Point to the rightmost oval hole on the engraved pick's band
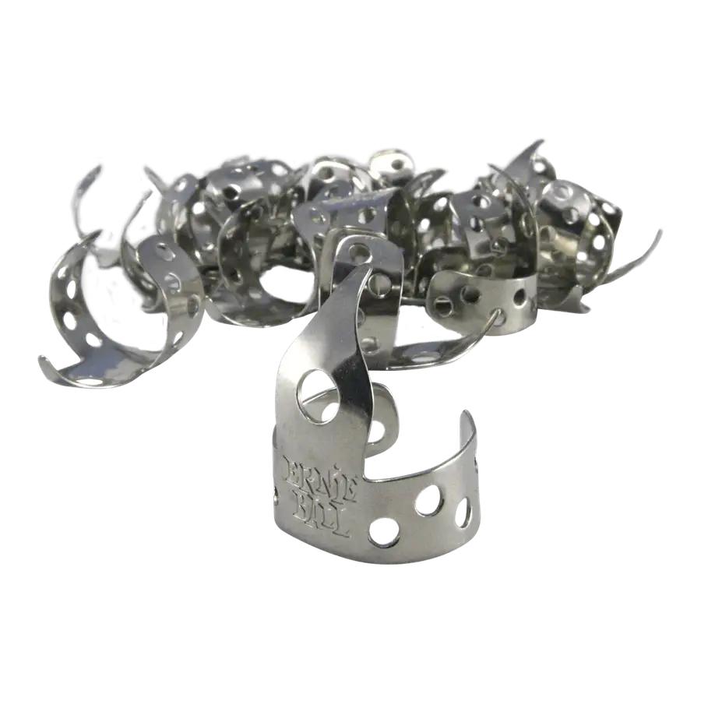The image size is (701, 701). (463, 513)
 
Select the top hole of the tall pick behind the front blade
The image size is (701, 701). (361, 253)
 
